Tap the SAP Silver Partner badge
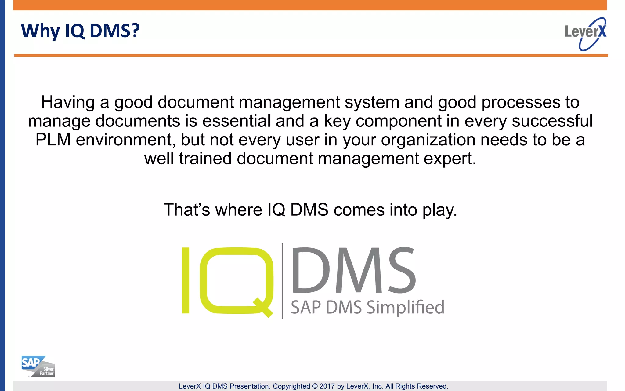[38, 366]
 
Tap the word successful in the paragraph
[552, 121]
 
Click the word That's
[186, 210]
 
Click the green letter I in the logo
[186, 280]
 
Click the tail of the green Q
[263, 308]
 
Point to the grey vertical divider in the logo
[282, 281]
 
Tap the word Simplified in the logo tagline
[405, 307]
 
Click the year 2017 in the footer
[327, 386]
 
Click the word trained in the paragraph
[205, 159]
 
